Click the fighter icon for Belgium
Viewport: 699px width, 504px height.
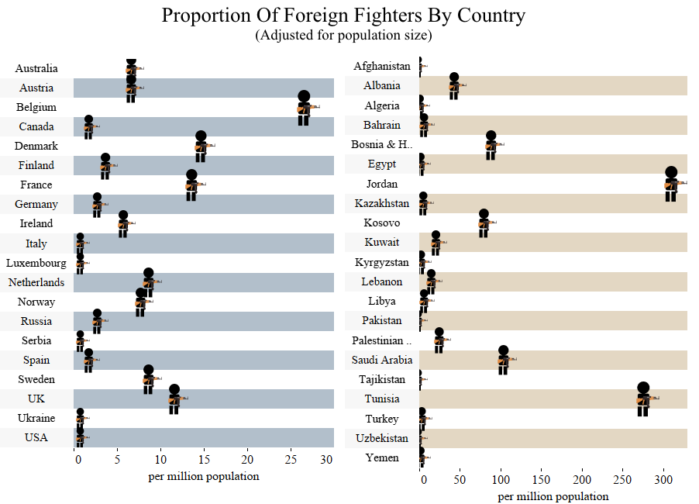tap(304, 109)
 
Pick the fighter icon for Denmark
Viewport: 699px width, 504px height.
tap(201, 147)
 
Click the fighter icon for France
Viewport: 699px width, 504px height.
tap(191, 186)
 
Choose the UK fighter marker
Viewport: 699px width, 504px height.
tap(174, 399)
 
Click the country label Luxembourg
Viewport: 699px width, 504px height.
tap(36, 263)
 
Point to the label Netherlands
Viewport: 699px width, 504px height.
tap(36, 282)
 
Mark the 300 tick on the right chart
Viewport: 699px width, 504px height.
tap(663, 480)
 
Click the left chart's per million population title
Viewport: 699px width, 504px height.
tap(204, 476)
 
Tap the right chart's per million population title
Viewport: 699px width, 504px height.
tap(553, 496)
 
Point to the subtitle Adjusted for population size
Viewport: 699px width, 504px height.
tap(343, 36)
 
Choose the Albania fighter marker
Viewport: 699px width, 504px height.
tap(454, 87)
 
